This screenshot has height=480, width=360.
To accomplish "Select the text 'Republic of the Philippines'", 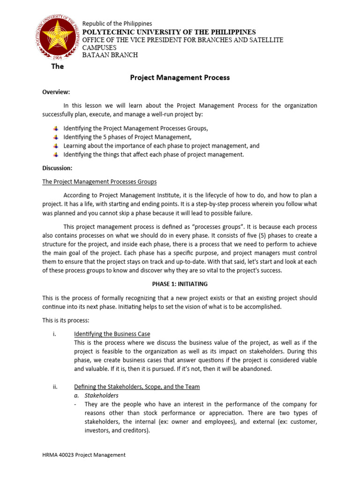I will tap(117, 24).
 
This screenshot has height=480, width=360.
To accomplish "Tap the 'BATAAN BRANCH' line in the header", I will tap(110, 55).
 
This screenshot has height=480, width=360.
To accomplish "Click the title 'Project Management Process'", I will tap(180, 77).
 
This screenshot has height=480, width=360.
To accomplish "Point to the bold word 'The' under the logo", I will tap(58, 66).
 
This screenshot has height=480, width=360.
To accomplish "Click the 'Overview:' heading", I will tap(56, 92).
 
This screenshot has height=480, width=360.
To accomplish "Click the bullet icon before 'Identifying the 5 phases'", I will tap(56, 137).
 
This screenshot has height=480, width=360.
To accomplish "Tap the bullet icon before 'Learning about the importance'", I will tap(56, 146).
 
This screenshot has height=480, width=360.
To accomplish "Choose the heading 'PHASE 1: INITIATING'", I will tap(180, 284).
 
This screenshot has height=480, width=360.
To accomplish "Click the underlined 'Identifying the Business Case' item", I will tap(112, 334).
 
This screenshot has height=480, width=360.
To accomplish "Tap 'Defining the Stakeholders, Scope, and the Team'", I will tap(137, 387).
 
